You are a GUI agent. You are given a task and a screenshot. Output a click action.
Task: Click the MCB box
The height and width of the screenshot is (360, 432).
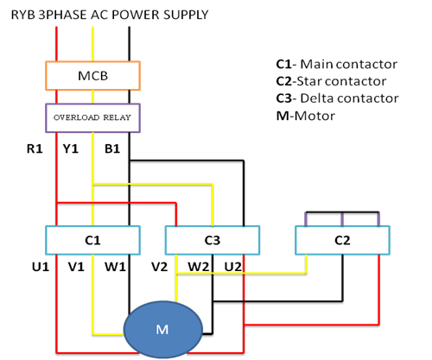tap(92, 76)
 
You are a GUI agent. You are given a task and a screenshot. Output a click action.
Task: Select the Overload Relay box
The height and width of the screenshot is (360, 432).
tap(92, 118)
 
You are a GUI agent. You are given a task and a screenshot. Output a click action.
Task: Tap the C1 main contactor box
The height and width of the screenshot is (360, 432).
tap(92, 240)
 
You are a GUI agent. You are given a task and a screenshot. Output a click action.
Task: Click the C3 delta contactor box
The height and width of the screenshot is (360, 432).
tap(213, 240)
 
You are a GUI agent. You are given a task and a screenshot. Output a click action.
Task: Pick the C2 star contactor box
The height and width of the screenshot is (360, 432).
tap(342, 240)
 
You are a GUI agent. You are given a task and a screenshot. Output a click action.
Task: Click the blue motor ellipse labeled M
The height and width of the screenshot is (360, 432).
tap(163, 330)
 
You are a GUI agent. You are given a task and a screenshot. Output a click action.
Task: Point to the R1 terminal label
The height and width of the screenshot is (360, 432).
tap(35, 148)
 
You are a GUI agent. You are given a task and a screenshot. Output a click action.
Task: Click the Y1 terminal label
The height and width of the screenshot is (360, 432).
tap(71, 148)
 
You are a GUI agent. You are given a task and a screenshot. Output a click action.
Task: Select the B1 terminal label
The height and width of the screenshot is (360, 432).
tap(112, 148)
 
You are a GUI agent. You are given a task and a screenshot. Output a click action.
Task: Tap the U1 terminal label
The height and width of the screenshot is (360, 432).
tap(41, 267)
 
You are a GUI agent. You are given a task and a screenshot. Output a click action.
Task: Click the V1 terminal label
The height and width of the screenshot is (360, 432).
tap(76, 267)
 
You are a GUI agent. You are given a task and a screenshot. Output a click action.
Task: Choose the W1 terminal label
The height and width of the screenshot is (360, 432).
tap(115, 267)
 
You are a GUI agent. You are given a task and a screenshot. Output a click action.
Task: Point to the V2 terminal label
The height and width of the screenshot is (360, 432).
tap(160, 267)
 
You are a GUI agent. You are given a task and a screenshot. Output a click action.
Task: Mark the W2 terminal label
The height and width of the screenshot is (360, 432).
tap(199, 267)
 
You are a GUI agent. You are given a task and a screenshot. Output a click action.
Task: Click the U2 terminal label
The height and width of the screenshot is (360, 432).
tap(233, 267)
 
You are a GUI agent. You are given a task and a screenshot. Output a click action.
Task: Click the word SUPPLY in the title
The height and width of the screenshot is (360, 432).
tap(186, 15)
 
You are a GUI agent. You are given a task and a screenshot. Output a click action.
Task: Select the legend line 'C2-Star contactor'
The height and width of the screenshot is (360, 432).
tap(331, 81)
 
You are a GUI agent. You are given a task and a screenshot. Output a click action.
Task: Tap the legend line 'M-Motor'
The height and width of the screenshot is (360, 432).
tap(306, 116)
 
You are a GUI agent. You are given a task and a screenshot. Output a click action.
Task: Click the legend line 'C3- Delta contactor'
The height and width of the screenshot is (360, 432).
tap(338, 98)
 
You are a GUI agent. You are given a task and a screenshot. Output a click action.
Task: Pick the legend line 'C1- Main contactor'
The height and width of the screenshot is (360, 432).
tap(337, 64)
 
